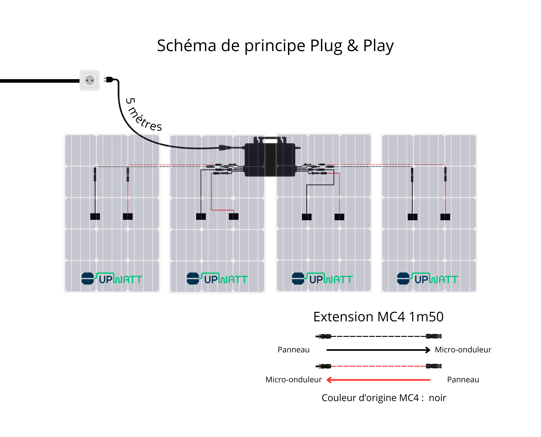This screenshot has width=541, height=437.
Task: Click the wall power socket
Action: (x=90, y=80)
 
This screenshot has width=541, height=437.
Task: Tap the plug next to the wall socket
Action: (x=109, y=80)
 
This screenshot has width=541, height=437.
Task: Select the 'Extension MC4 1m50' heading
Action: (x=378, y=317)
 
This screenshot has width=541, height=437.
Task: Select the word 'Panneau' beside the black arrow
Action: (x=294, y=350)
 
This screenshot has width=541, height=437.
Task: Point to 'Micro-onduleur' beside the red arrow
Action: (x=294, y=380)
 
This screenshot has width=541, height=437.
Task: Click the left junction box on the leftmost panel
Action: (x=95, y=217)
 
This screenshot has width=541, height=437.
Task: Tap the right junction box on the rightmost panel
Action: (x=445, y=217)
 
